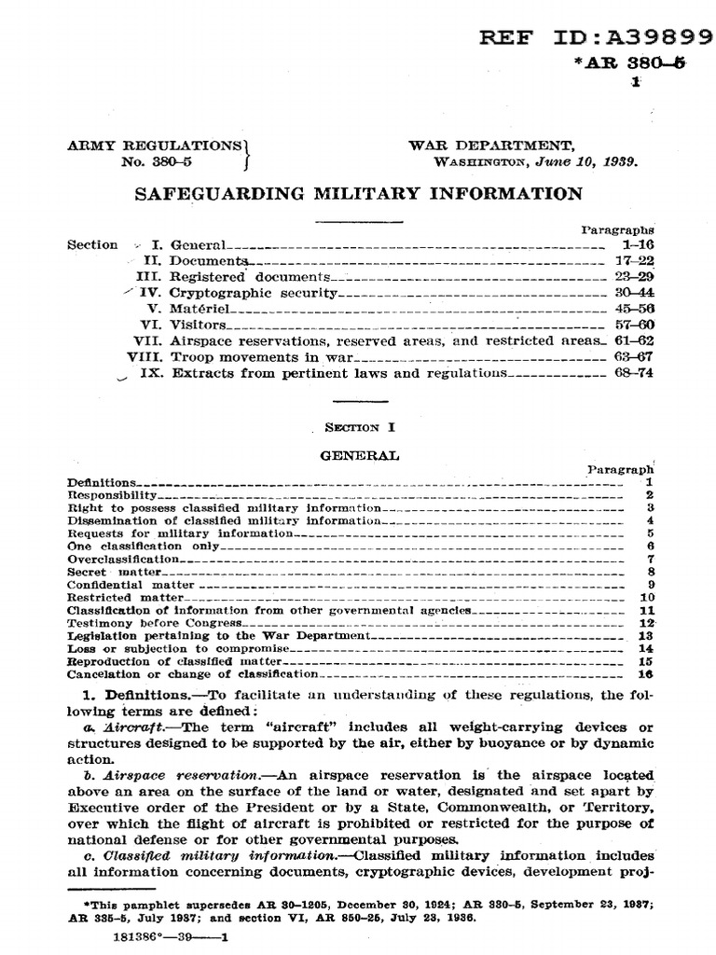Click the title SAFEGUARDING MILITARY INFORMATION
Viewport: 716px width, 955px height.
(359, 193)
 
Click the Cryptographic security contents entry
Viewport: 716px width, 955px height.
(252, 292)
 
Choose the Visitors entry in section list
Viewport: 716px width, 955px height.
(198, 325)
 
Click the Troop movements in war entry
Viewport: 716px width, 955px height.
(244, 356)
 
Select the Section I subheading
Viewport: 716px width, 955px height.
(360, 427)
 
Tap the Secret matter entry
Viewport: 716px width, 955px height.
(114, 571)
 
